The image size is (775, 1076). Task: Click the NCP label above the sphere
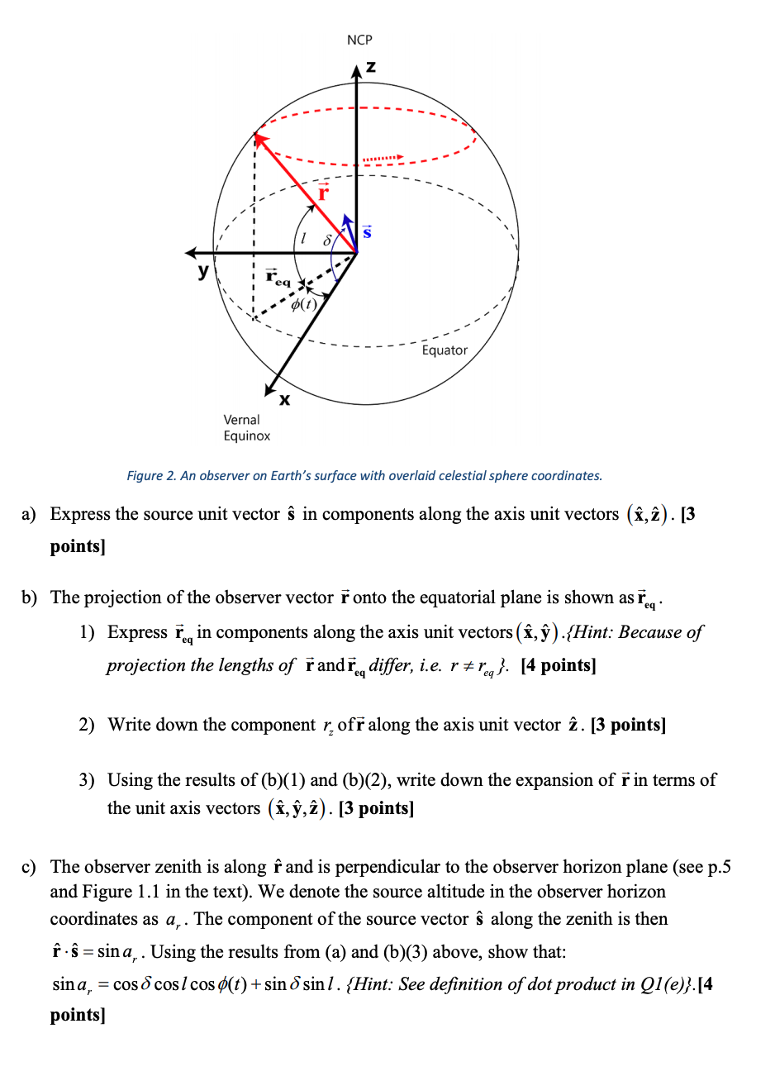tap(359, 40)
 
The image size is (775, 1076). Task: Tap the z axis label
tap(371, 67)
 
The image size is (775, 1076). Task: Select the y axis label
tap(203, 270)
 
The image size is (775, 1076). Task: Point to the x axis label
tap(284, 400)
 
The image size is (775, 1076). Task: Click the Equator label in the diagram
tap(445, 350)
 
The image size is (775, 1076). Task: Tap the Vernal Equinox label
tap(246, 428)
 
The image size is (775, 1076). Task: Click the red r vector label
tap(323, 193)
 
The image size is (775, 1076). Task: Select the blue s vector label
tap(368, 232)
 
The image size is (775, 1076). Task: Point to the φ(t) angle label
tap(304, 303)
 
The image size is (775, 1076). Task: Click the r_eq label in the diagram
tap(278, 279)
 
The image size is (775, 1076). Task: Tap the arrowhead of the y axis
tap(190, 253)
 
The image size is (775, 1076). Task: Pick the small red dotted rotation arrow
tap(382, 157)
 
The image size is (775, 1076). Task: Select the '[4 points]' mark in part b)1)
tap(559, 665)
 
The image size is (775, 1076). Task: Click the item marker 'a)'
tap(30, 515)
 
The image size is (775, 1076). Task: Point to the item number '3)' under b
tap(87, 780)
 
